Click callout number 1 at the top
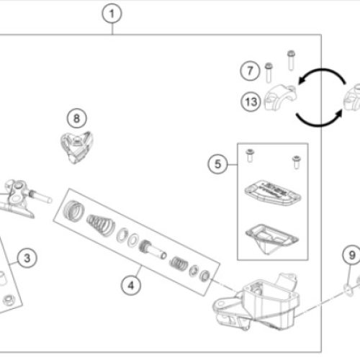coord(112,14)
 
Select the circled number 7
coord(250,71)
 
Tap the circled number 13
coord(251,102)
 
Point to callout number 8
coord(77,118)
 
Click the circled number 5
coord(217,164)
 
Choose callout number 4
coord(131,285)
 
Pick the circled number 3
coord(27,258)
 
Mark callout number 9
coord(352,255)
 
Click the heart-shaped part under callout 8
coord(76,147)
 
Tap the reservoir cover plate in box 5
coord(273,193)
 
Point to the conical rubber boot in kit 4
coord(101,225)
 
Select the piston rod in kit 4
coord(153,250)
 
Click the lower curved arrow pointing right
coord(319,122)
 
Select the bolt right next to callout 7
coord(269,73)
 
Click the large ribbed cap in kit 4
coord(74,210)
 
